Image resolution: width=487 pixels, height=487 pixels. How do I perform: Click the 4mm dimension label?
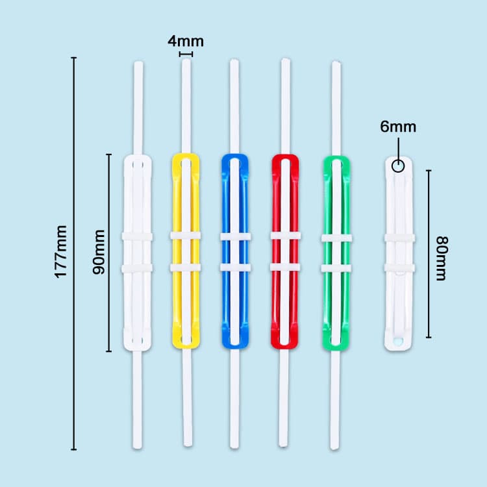click(186, 42)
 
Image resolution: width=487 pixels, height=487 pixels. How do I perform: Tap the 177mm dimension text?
click(60, 252)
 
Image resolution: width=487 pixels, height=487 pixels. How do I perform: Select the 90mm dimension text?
click(99, 252)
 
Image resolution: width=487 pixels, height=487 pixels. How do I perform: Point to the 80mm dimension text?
click(442, 258)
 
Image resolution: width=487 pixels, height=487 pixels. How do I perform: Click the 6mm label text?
click(398, 127)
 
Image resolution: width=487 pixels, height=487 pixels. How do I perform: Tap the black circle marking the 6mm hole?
click(398, 166)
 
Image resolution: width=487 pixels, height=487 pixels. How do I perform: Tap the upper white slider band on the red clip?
click(285, 236)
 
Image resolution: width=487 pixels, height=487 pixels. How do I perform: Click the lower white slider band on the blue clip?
click(235, 267)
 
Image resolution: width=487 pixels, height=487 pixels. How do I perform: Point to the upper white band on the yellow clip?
click(186, 236)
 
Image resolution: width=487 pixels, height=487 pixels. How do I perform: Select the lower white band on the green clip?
click(336, 268)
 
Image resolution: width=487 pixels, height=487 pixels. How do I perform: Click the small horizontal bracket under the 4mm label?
click(186, 55)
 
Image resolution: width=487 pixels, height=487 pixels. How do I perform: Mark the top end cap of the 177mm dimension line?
click(73, 58)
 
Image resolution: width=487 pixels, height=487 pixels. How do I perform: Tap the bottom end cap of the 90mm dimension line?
click(108, 351)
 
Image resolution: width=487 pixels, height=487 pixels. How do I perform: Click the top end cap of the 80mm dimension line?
click(429, 171)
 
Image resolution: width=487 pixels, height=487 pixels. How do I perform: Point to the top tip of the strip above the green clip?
click(336, 62)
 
